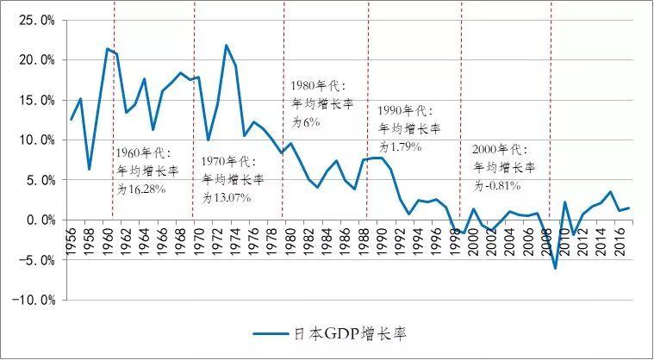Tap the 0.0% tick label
pyautogui.click(x=38, y=220)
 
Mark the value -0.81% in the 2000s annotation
pyautogui.click(x=505, y=184)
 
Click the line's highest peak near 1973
pyautogui.click(x=226, y=45)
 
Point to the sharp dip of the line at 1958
pyautogui.click(x=89, y=169)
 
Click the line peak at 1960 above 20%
pyautogui.click(x=107, y=48)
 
